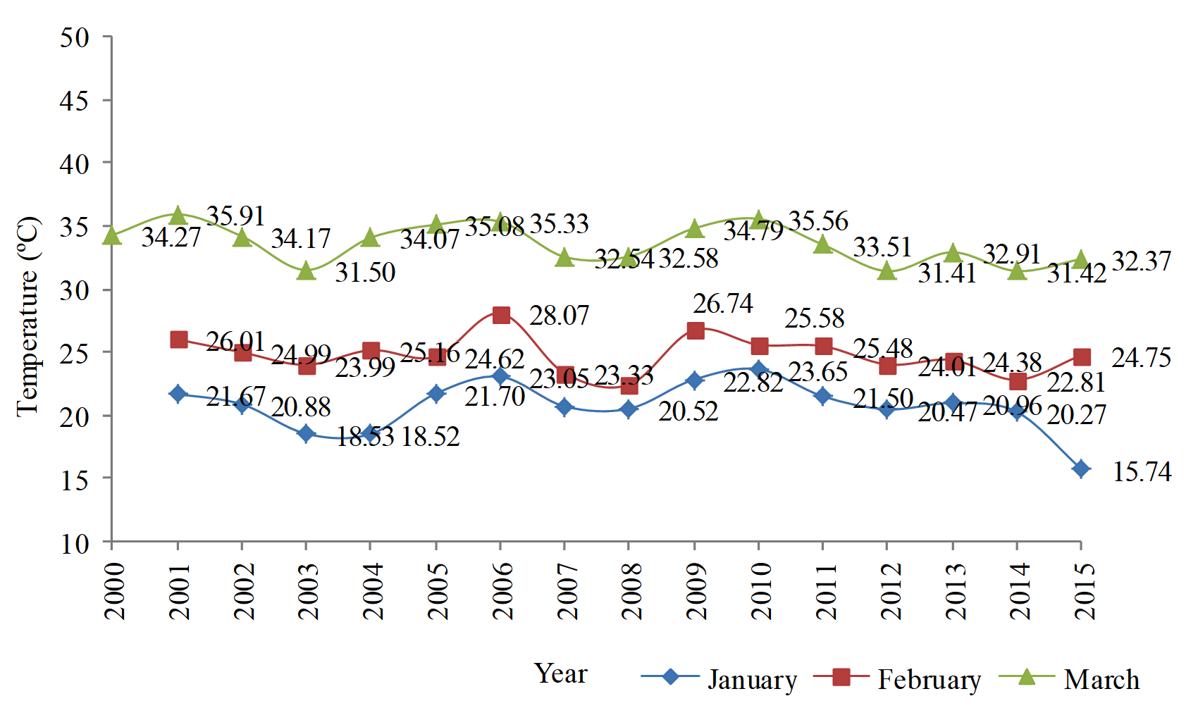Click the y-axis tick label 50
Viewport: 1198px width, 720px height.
75,37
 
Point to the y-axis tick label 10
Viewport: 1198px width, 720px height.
75,543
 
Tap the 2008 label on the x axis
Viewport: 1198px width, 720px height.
631,591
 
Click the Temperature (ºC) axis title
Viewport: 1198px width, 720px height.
28,316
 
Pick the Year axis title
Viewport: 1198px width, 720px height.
560,674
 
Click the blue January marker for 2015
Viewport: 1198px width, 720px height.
1081,468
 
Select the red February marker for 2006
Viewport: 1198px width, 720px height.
501,315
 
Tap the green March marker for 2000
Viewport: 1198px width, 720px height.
112,236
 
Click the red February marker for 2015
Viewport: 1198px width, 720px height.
1082,357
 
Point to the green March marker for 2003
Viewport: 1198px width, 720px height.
307,271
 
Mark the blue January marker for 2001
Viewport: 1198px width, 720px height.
178,394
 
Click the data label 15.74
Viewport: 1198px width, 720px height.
1142,472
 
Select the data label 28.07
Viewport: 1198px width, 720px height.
559,316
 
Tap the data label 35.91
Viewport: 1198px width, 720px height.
235,216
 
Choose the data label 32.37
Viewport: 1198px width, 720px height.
1141,261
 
